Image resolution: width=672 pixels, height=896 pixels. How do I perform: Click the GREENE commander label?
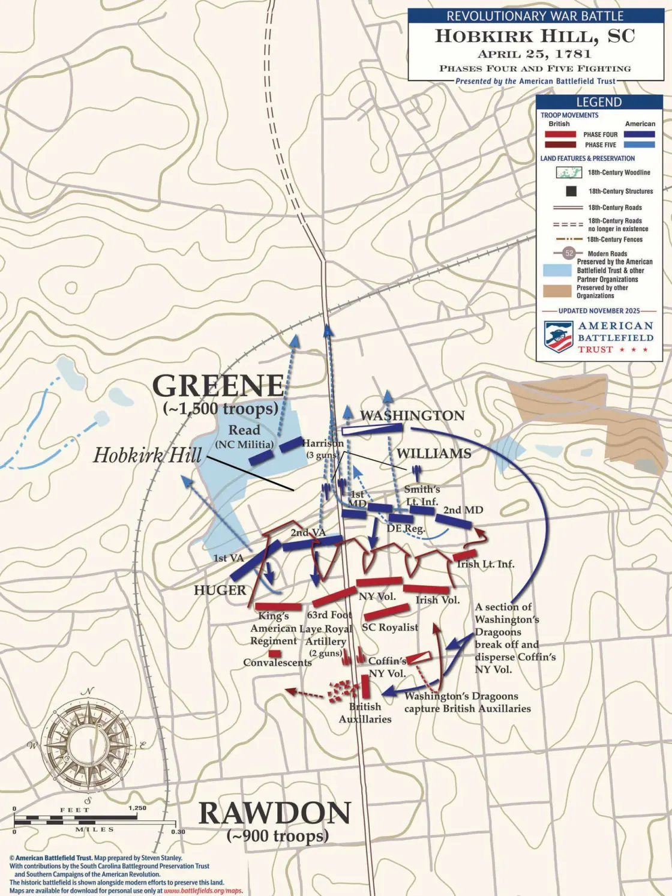(218, 385)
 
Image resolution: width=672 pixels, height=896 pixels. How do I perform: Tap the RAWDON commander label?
(275, 813)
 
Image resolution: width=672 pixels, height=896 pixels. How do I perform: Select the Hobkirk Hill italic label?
(147, 455)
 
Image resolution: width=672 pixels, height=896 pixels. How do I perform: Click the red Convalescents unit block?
(274, 653)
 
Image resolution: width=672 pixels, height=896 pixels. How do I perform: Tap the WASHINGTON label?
(412, 415)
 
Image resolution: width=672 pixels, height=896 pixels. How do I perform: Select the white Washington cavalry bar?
(372, 429)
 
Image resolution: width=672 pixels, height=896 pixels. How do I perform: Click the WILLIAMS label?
(433, 453)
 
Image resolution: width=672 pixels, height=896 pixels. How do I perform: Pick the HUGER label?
(220, 590)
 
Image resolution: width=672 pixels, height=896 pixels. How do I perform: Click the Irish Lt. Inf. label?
(485, 564)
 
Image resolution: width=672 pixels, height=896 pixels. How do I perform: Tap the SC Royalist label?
(389, 627)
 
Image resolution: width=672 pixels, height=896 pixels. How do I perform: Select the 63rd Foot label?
(329, 615)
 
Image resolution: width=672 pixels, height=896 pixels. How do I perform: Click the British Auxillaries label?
(365, 713)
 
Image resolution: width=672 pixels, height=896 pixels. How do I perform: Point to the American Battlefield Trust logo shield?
(558, 336)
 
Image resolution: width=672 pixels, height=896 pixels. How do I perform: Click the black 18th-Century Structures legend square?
(571, 191)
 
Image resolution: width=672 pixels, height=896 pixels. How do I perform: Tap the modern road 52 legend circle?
(569, 253)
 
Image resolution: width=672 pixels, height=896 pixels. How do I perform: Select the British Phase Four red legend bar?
(560, 134)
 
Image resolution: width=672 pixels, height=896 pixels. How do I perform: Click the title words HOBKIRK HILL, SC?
(535, 36)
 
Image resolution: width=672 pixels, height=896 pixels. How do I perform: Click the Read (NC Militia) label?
(244, 436)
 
